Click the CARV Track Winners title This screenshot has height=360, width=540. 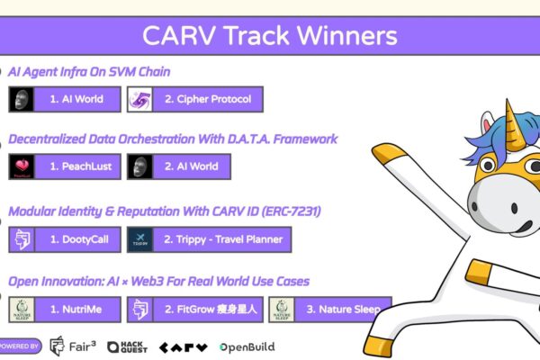tap(269, 37)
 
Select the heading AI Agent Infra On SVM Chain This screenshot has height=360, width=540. tap(89, 71)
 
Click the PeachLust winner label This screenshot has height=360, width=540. tap(80, 166)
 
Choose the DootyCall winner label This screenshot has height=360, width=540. tap(80, 239)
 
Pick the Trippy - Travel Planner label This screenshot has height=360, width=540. tap(222, 239)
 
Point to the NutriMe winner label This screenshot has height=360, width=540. tap(80, 309)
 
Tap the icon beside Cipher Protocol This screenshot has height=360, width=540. tap(141, 99)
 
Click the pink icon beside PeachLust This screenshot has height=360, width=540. tap(22, 166)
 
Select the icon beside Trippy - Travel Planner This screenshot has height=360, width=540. tap(141, 239)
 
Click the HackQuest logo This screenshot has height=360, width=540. tap(126, 346)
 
